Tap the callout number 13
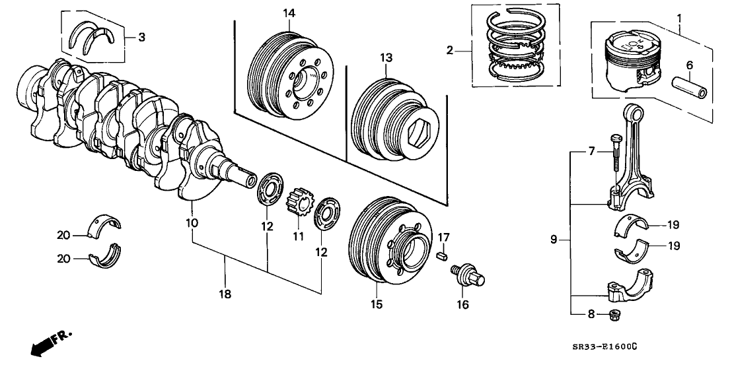coord(386,58)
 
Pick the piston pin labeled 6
coord(690,87)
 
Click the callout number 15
coord(376,304)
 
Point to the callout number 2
coord(450,50)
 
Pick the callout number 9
coord(554,240)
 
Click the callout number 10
coord(192,223)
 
